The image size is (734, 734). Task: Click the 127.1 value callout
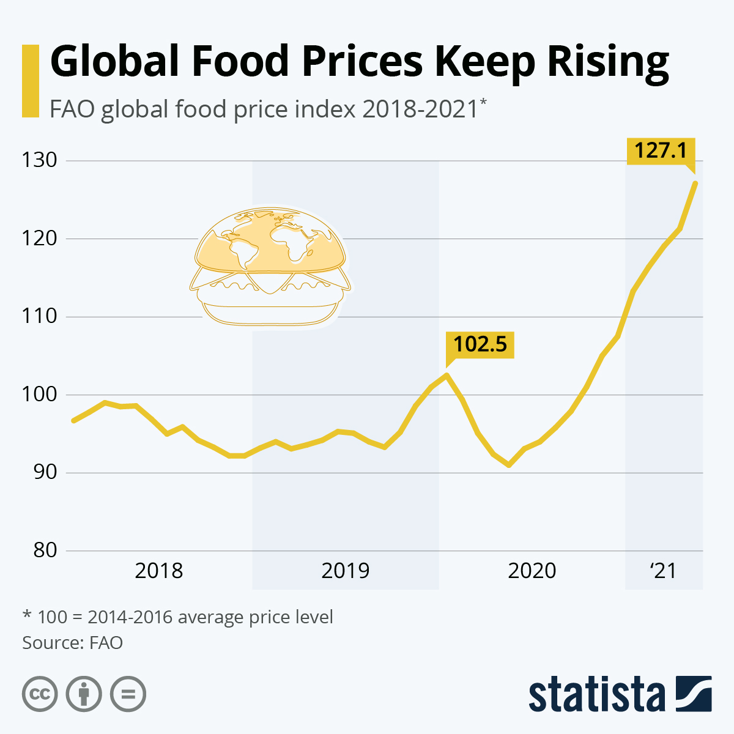point(661,150)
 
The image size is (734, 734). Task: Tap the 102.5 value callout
point(480,344)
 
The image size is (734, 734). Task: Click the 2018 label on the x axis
point(159,571)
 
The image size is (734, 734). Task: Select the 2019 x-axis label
point(346,571)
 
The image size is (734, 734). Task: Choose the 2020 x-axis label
point(532,571)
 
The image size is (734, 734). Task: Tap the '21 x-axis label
point(663,571)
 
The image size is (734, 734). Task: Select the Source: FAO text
point(73,643)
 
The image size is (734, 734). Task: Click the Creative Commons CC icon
point(40,694)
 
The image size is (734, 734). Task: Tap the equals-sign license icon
point(128,694)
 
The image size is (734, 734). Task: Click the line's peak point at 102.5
point(447,375)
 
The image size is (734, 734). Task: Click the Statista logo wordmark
point(596,695)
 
